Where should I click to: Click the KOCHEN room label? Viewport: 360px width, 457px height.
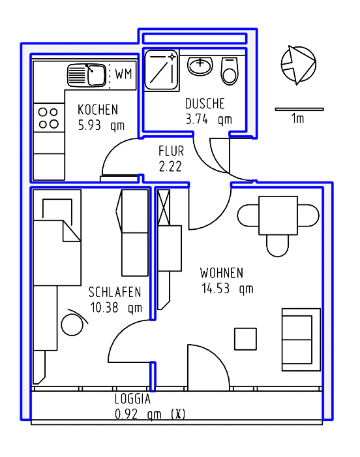(98, 110)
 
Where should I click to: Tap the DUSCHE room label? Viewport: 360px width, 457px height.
(205, 104)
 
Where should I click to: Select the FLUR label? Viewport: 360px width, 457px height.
(172, 151)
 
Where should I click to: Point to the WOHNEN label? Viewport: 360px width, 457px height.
(222, 273)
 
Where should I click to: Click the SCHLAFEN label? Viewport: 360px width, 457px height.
(115, 292)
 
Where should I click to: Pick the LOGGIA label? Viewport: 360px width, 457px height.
(132, 399)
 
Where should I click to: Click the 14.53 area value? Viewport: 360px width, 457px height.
(215, 289)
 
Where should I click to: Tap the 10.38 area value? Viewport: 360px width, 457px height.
(104, 307)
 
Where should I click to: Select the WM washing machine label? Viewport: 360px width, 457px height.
(123, 74)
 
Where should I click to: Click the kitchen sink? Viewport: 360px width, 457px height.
(87, 76)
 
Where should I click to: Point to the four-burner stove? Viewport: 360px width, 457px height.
(49, 118)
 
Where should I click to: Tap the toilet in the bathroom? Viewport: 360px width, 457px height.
(230, 71)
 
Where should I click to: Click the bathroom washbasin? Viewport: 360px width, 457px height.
(200, 66)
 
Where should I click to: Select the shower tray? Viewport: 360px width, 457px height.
(161, 71)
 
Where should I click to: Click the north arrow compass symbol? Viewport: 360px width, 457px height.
(299, 65)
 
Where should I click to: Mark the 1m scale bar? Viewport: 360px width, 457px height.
(299, 109)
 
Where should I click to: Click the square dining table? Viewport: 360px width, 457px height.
(278, 215)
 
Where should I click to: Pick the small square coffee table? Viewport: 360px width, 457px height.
(245, 339)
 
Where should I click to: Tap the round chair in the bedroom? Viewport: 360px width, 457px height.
(72, 324)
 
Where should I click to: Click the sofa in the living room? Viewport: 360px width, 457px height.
(301, 339)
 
